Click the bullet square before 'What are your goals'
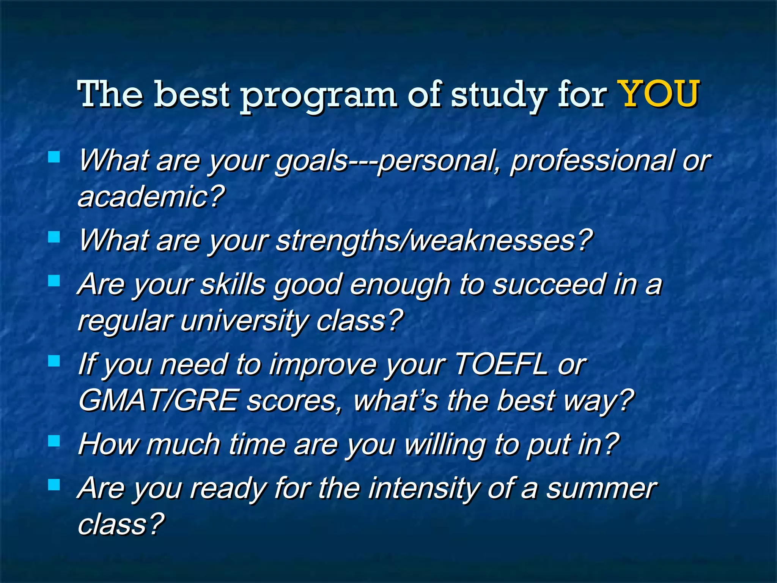54,157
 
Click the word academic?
151,197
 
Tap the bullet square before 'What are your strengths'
54,237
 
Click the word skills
233,284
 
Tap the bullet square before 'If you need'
54,361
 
